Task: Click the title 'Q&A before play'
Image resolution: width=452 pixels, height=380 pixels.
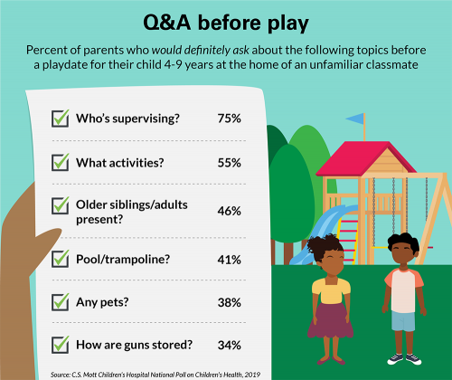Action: pos(225,20)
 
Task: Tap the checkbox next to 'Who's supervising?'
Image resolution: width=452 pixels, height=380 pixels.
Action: pos(61,118)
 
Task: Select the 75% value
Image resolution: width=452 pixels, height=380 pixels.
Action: pos(229,118)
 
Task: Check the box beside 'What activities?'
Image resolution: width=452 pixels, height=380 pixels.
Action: pos(61,163)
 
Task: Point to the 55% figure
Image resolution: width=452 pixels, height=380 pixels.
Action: pos(229,163)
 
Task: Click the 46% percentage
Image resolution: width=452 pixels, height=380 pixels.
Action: pos(229,211)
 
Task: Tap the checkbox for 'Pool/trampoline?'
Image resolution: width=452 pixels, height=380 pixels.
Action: pos(61,260)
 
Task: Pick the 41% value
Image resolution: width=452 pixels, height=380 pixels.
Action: pos(229,260)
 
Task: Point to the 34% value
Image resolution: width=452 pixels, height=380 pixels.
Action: pos(229,344)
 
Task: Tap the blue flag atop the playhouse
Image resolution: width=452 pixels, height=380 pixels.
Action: pos(355,119)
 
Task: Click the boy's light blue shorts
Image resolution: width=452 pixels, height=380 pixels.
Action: pos(403,318)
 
